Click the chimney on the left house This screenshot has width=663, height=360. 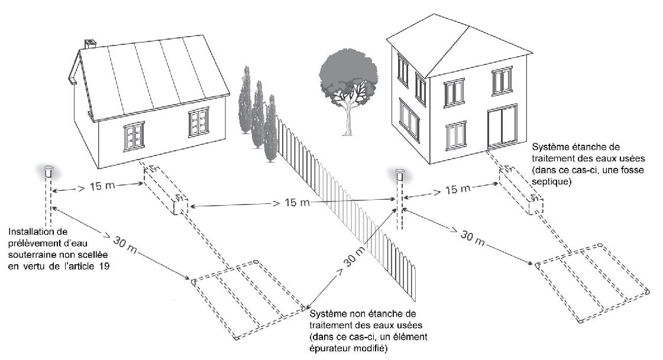pyautogui.click(x=90, y=44)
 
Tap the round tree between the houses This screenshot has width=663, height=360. pyautogui.click(x=348, y=77)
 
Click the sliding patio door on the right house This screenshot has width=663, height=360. pyautogui.click(x=502, y=127)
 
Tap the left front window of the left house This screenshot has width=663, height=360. pyautogui.click(x=134, y=137)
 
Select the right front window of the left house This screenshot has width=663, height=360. pyautogui.click(x=199, y=122)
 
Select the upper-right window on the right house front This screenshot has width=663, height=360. pyautogui.click(x=502, y=80)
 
